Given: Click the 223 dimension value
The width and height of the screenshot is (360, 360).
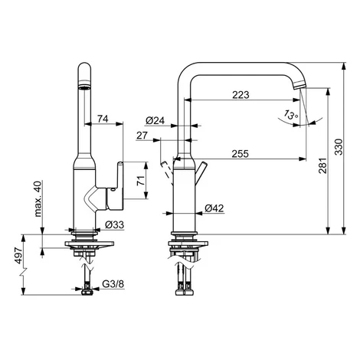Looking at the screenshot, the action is coord(241,95).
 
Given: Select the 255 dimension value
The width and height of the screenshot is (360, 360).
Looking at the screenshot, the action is coord(240,154).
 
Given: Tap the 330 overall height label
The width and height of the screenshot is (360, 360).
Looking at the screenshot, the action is coord(339,147).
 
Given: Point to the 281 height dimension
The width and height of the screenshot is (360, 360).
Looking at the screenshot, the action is coord(322,165).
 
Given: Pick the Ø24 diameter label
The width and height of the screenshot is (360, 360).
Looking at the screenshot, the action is coord(155,120).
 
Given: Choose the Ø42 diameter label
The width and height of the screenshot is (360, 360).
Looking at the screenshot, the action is coord(214,208).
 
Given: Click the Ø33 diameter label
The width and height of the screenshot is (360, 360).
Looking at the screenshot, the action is coord(114,224).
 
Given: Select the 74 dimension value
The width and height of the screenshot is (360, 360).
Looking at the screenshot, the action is coord(103,119).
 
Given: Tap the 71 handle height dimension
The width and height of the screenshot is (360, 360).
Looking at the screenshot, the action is coord(141,181).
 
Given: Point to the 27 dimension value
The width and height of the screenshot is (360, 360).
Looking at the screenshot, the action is coord(142,136).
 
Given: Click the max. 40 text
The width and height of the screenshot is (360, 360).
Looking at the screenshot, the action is coord(38,198).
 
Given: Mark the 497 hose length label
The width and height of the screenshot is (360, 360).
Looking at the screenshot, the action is coord(18,255).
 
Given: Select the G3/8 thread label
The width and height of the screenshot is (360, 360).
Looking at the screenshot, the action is coord(113,283).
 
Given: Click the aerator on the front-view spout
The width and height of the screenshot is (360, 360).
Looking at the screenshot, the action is coord(84,88).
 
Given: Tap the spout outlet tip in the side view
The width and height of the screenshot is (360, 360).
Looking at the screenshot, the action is coord(299,85).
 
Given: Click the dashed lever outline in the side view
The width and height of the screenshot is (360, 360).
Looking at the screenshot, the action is coord(166,172).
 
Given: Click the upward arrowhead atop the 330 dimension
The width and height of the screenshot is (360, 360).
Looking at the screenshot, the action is coord(344,66).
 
